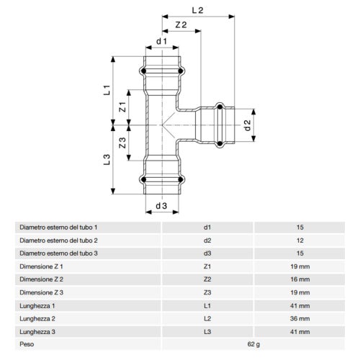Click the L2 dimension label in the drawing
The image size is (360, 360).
(x=197, y=10)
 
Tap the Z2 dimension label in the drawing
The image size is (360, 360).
(x=181, y=24)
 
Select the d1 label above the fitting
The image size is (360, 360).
(x=161, y=41)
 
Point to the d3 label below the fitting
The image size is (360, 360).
(x=161, y=206)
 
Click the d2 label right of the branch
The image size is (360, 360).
(x=247, y=125)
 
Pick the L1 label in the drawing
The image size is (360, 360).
(x=107, y=90)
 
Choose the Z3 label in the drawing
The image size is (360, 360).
(x=122, y=143)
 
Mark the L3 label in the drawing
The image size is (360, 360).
(x=107, y=160)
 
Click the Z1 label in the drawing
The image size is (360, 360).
(x=122, y=107)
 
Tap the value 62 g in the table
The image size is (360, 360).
(x=253, y=344)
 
